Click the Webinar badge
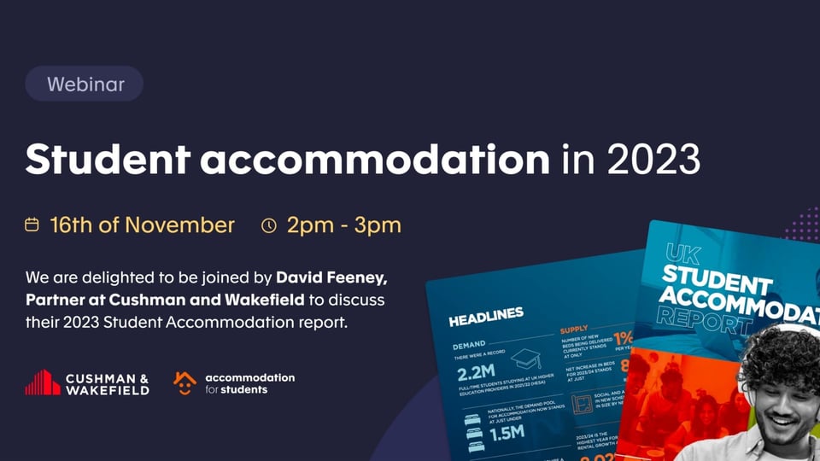pyautogui.click(x=85, y=84)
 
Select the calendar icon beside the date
pyautogui.click(x=32, y=225)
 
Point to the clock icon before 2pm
pyautogui.click(x=269, y=225)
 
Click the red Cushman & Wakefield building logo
pyautogui.click(x=42, y=382)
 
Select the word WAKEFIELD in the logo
pyautogui.click(x=108, y=390)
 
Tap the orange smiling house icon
pyautogui.click(x=184, y=382)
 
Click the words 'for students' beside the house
pyautogui.click(x=237, y=390)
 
